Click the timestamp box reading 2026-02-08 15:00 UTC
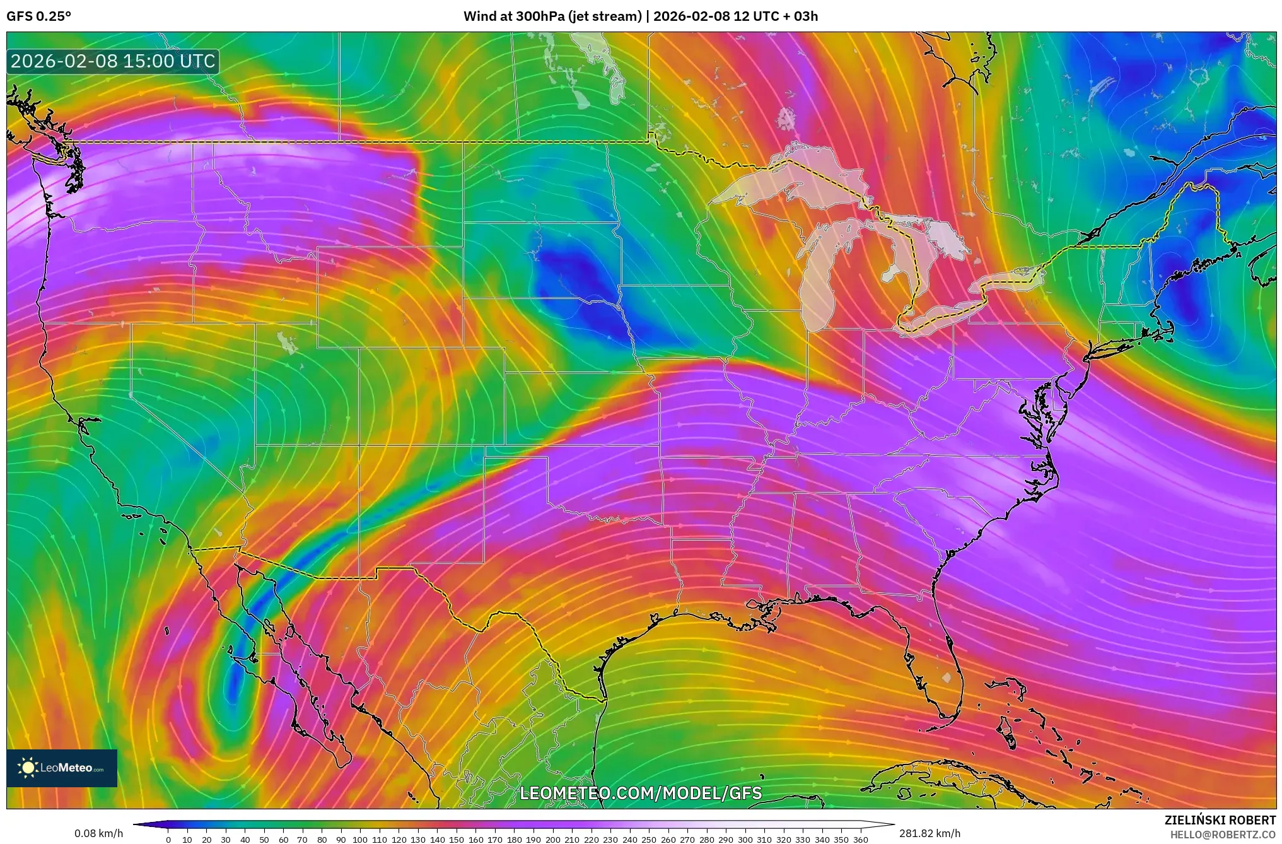pyautogui.click(x=113, y=61)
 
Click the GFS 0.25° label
pyautogui.click(x=38, y=16)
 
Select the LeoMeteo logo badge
pyautogui.click(x=62, y=768)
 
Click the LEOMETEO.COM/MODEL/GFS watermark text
pyautogui.click(x=640, y=793)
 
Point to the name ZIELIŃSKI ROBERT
pyautogui.click(x=1220, y=820)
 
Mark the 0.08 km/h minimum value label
pyautogui.click(x=98, y=833)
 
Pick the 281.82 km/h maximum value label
pyautogui.click(x=929, y=833)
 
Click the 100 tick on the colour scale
pyautogui.click(x=360, y=840)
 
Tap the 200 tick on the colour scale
pyautogui.click(x=552, y=840)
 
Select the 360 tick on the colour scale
pyautogui.click(x=860, y=840)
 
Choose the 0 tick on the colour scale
pyautogui.click(x=168, y=840)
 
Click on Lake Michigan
pyautogui.click(x=817, y=278)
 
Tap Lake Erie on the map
pyautogui.click(x=940, y=319)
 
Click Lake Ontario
pyautogui.click(x=1009, y=278)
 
